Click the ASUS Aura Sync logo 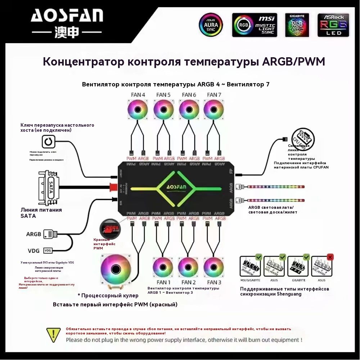coord(211,25)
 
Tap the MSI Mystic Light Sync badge coord(255,25)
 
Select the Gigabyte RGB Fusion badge coord(297,25)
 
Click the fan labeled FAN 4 coord(138,109)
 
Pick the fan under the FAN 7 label coord(214,109)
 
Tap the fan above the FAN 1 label coord(163,267)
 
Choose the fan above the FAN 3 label coord(214,267)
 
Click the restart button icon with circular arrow coord(48,141)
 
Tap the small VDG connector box coord(48,250)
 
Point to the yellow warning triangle coord(53,334)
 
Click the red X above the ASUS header coord(330,257)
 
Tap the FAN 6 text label coord(189,95)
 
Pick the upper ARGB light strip coord(276,187)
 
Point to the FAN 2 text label coord(189,282)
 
